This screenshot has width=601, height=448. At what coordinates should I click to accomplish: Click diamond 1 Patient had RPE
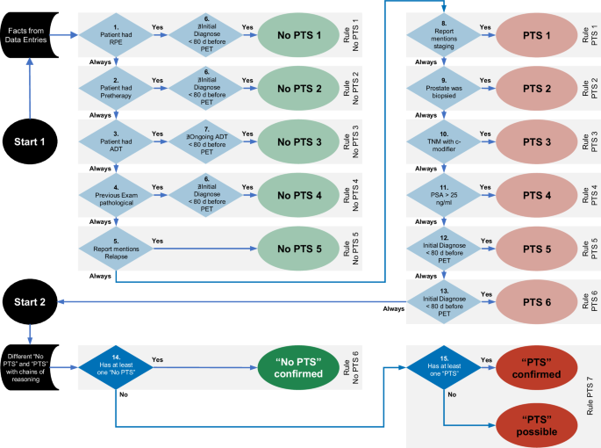(117, 36)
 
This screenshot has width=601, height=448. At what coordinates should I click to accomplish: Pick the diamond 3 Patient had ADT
(117, 138)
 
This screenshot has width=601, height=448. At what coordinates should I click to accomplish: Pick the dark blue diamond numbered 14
(117, 364)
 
